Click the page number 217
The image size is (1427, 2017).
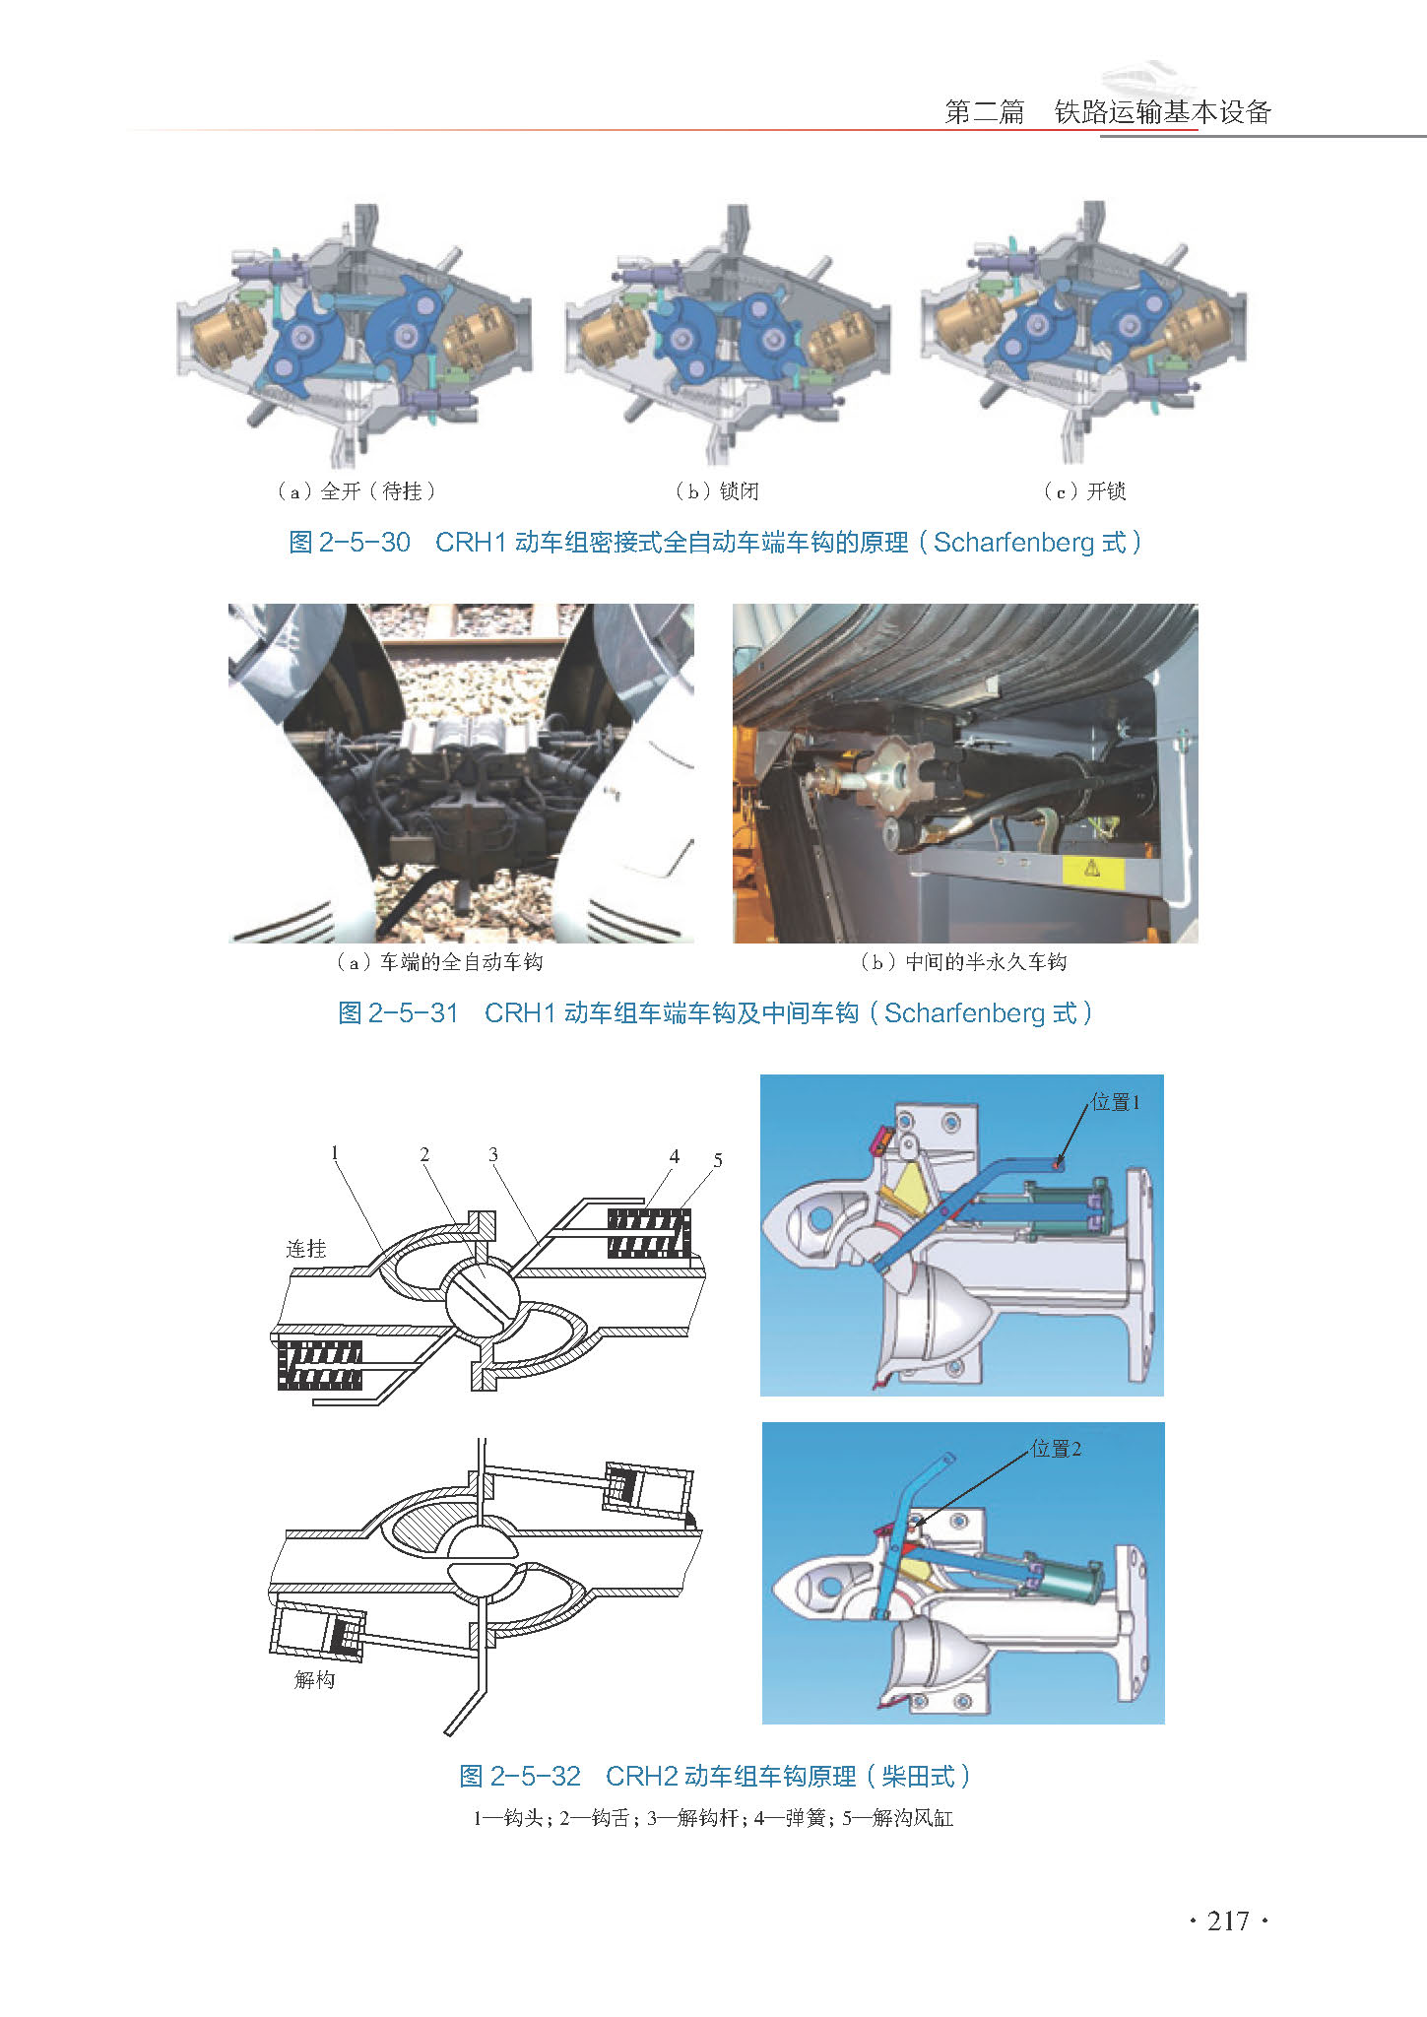pos(1228,1921)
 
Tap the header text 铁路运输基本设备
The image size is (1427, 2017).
pos(1163,112)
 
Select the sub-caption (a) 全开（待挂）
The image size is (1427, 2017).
pos(356,490)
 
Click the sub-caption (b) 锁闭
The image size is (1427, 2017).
pos(717,490)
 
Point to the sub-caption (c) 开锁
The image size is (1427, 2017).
pos(1084,490)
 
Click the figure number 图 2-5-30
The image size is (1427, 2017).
pos(350,542)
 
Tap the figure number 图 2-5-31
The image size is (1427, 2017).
pos(399,1012)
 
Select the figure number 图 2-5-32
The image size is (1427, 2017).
pos(520,1776)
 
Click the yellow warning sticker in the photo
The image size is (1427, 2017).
pos(1093,870)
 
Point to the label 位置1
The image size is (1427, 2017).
pos(1116,1102)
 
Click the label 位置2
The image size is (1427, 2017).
pos(1057,1448)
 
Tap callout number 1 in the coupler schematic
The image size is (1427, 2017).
pos(335,1152)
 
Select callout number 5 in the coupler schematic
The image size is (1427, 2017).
pos(718,1160)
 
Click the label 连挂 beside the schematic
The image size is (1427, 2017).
pos(305,1249)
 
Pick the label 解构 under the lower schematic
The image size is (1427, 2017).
pos(314,1679)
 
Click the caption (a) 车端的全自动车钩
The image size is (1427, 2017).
pos(439,962)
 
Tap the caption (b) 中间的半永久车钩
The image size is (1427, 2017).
pos(963,962)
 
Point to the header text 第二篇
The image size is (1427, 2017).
pos(985,112)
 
